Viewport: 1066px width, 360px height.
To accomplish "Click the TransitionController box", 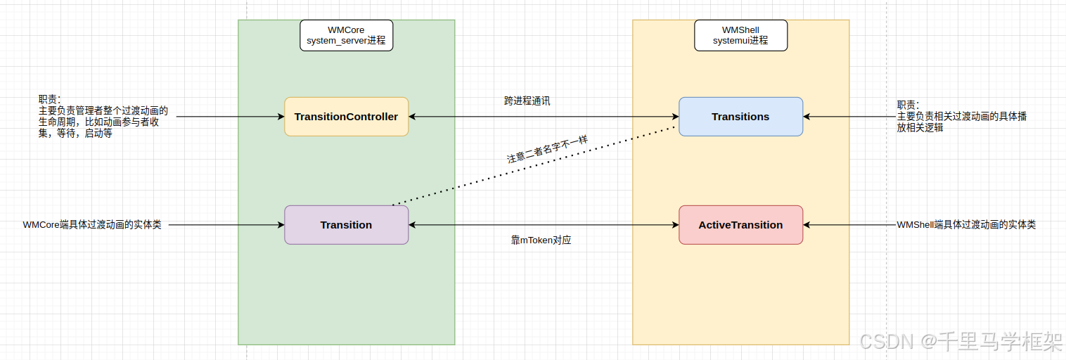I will pos(346,117).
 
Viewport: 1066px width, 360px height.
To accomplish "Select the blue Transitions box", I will pos(740,117).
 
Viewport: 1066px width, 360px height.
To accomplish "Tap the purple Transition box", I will pos(346,225).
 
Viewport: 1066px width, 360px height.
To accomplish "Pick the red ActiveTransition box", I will pos(740,225).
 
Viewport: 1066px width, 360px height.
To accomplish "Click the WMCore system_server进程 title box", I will pos(346,35).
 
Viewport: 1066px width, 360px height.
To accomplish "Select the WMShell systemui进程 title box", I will pos(740,35).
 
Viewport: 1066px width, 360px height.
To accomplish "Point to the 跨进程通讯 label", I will pos(527,101).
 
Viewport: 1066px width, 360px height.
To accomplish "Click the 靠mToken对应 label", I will pos(541,240).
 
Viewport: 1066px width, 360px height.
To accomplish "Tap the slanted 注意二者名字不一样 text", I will pos(547,149).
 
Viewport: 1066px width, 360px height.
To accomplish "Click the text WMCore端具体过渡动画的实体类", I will pos(92,225).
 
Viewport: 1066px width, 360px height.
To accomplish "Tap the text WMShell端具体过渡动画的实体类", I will pos(966,225).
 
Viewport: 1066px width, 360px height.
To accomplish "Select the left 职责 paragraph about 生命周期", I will pos(103,117).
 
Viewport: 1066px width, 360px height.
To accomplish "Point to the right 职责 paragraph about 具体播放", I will pos(961,117).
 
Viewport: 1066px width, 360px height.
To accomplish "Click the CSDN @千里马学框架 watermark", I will pos(961,342).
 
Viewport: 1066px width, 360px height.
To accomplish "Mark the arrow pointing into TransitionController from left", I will pos(229,117).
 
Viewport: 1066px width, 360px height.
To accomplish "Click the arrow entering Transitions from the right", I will pos(847,117).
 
